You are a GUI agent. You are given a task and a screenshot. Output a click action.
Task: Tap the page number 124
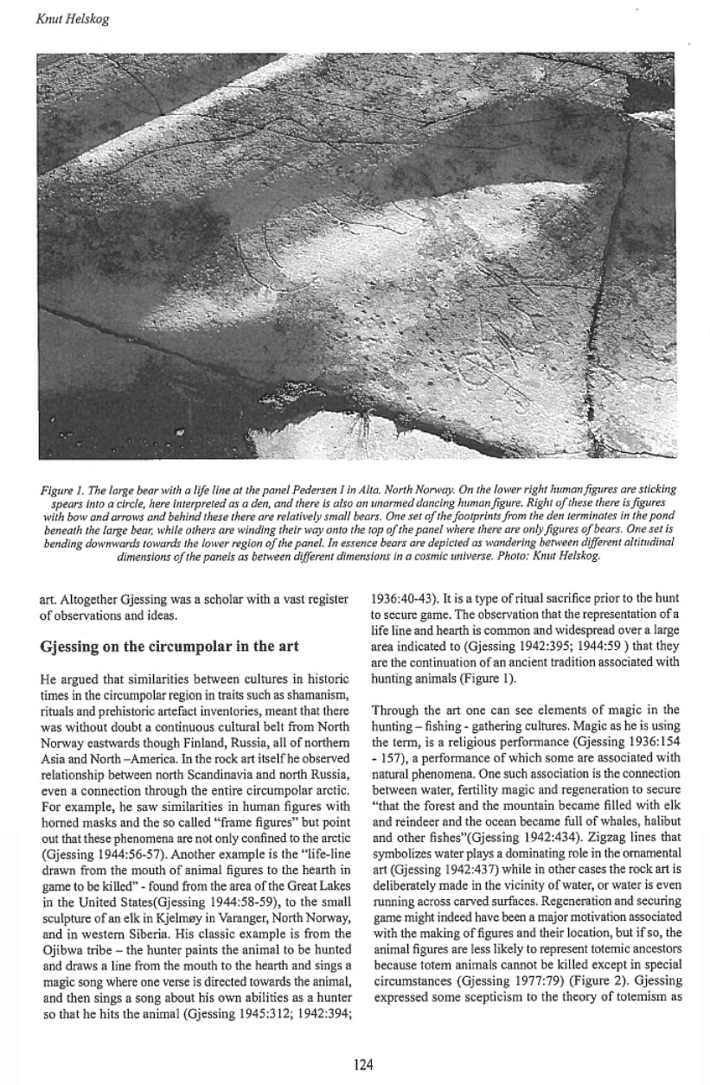(364, 1065)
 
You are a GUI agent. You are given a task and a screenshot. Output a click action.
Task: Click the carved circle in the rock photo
(493, 372)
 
